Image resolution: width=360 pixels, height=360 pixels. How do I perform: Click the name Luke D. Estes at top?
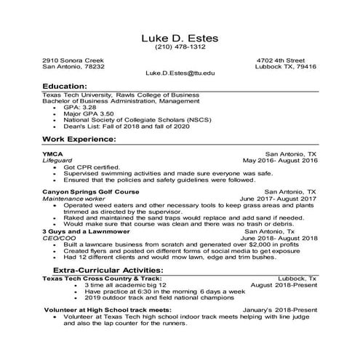(x=180, y=37)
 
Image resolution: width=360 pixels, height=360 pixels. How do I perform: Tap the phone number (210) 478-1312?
(x=180, y=48)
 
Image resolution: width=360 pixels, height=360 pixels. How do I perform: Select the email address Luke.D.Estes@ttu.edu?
(x=180, y=73)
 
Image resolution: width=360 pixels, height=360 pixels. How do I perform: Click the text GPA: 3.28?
(x=89, y=107)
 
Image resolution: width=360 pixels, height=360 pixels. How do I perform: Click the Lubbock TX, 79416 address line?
(x=287, y=66)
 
